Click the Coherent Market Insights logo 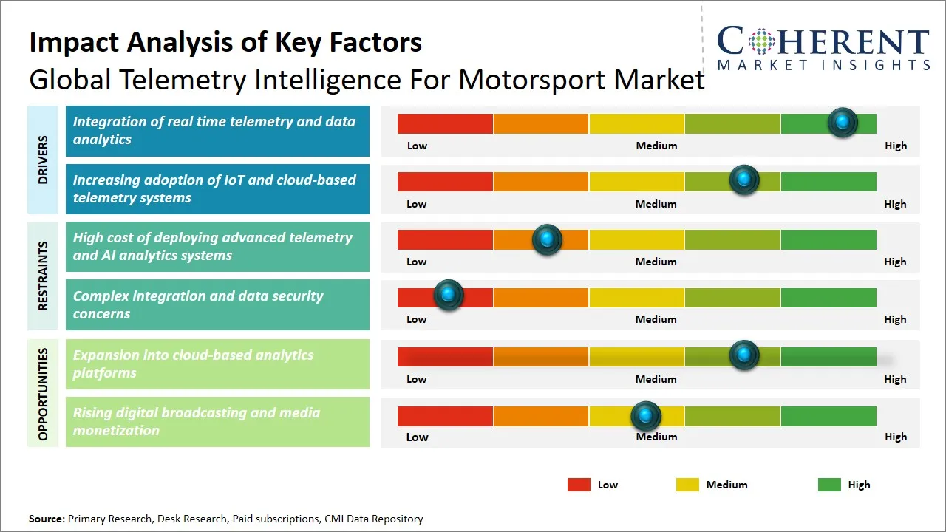[823, 48]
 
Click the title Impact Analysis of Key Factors [225, 42]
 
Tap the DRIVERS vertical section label [43, 160]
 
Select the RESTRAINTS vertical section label [43, 276]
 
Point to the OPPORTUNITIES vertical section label [43, 394]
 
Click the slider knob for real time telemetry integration [842, 123]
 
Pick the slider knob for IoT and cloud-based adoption [743, 180]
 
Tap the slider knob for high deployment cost [547, 239]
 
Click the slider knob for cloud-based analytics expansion [743, 355]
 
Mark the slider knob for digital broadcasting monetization [646, 416]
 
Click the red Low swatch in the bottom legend [579, 485]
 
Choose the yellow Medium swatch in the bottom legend [687, 485]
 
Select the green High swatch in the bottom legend [829, 485]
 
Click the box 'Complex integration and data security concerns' [217, 304]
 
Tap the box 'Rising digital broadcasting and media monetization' [217, 422]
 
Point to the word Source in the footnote [47, 519]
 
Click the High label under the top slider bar [895, 146]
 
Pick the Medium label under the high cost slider [656, 262]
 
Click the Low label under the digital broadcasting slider [417, 437]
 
